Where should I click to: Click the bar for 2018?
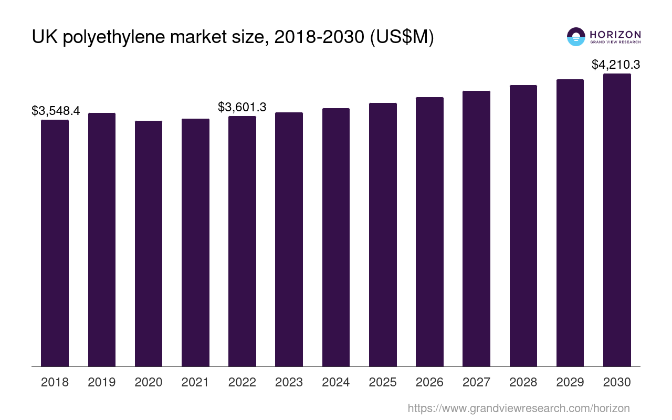(x=55, y=243)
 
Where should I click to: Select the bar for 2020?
(x=149, y=244)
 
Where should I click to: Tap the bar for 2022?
(x=242, y=241)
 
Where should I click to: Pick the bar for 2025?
(x=383, y=235)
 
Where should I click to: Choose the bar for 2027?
(x=476, y=229)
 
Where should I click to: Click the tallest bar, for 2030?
(x=617, y=220)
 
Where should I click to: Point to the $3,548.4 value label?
(x=56, y=111)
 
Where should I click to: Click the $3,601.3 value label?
(x=242, y=107)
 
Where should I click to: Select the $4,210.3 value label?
(x=616, y=65)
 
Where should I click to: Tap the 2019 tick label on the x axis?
(x=102, y=383)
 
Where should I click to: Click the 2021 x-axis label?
(x=195, y=383)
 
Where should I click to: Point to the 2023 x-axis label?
(x=289, y=383)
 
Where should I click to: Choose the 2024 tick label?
(x=336, y=383)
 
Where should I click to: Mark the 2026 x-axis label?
(x=429, y=383)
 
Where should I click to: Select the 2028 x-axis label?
(x=523, y=383)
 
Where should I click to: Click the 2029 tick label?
(x=570, y=383)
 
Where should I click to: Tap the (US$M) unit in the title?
(x=402, y=38)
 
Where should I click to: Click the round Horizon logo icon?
(x=576, y=37)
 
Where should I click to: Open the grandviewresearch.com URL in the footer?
(x=519, y=408)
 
